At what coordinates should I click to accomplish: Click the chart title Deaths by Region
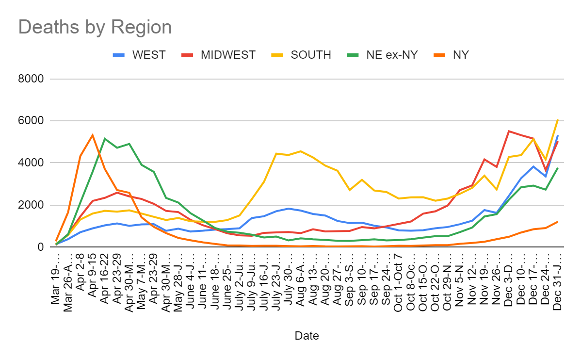click(95, 27)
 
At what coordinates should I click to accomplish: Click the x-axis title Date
click(307, 335)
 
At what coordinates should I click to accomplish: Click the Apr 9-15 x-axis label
click(93, 277)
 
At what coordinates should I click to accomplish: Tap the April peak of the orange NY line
click(93, 135)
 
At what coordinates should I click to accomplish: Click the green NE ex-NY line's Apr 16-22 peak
click(105, 139)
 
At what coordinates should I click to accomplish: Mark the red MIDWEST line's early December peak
click(509, 131)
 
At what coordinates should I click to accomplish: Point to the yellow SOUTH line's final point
click(558, 119)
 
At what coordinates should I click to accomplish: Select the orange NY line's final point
click(558, 222)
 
